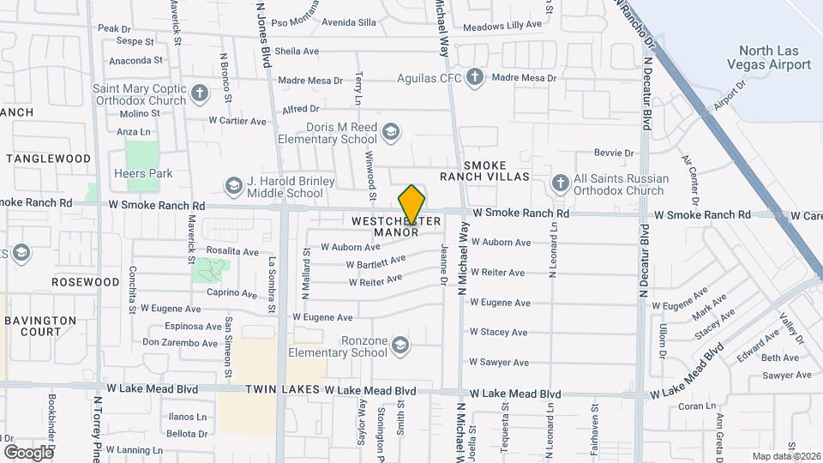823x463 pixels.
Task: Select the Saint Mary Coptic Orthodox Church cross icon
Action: pyautogui.click(x=200, y=93)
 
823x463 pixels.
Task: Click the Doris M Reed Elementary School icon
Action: pyautogui.click(x=391, y=132)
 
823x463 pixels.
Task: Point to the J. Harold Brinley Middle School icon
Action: pyautogui.click(x=233, y=186)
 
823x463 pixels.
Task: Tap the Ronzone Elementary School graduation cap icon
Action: pyautogui.click(x=399, y=346)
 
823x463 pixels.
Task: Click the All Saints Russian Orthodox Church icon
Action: pyautogui.click(x=560, y=183)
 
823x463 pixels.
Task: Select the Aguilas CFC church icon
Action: pyautogui.click(x=475, y=78)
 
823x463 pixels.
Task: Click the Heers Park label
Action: pyautogui.click(x=143, y=173)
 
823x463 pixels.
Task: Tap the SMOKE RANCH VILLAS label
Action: pyautogui.click(x=497, y=171)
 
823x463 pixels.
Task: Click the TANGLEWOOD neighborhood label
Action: pyautogui.click(x=49, y=159)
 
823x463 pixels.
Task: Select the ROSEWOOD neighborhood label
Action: pyautogui.click(x=85, y=281)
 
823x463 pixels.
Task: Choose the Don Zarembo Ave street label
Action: pyautogui.click(x=180, y=342)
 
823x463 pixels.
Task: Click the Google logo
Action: pyautogui.click(x=27, y=451)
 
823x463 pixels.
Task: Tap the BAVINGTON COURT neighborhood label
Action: pyautogui.click(x=40, y=326)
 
